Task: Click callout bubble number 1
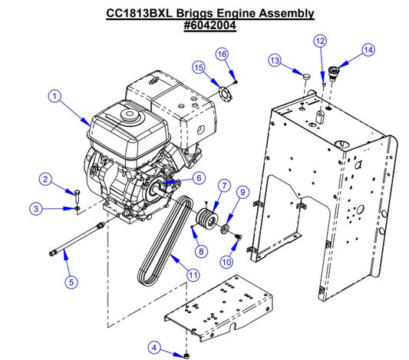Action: (x=54, y=96)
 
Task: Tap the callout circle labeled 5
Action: (x=71, y=282)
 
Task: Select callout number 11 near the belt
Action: (x=193, y=276)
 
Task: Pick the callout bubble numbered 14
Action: (x=368, y=50)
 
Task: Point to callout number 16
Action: (x=222, y=54)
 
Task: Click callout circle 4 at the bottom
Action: (x=154, y=347)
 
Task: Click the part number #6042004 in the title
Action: (x=210, y=25)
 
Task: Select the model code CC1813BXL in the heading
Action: (x=140, y=13)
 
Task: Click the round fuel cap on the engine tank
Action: (x=130, y=114)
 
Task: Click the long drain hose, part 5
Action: (x=77, y=238)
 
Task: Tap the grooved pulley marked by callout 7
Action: (x=206, y=219)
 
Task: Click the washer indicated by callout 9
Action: (x=225, y=228)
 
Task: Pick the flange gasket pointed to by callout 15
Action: (x=225, y=94)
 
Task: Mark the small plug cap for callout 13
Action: (x=307, y=77)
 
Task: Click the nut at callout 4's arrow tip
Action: (x=186, y=355)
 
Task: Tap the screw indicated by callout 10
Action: (x=239, y=236)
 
